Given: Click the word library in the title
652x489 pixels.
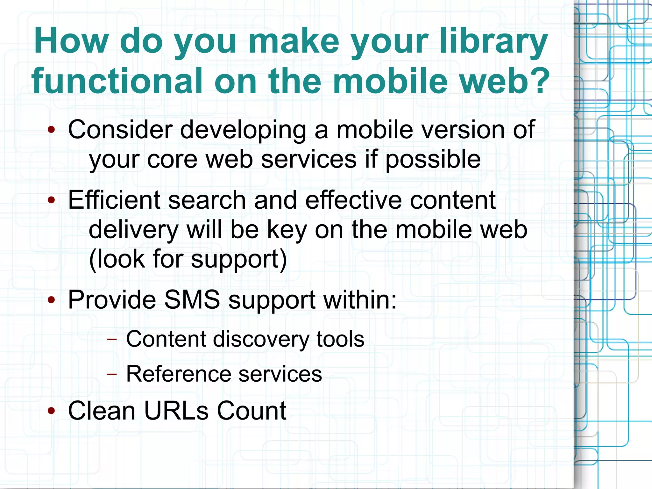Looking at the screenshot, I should (x=493, y=41).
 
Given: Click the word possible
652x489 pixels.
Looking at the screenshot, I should (x=433, y=159).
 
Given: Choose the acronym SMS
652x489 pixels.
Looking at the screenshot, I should (x=192, y=300).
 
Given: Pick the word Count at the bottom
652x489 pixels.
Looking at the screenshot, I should (x=252, y=411).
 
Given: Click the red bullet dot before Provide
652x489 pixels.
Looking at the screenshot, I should (x=51, y=300).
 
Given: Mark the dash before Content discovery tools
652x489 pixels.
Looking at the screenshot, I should (x=112, y=339).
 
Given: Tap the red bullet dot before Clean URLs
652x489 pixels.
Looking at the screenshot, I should (x=51, y=411).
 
